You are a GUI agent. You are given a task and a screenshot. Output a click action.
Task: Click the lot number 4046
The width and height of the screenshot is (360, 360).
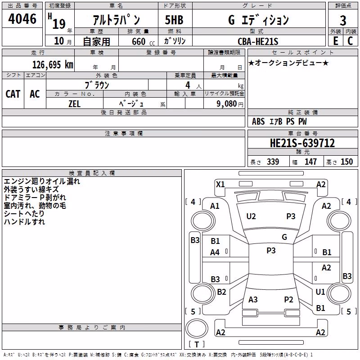tap(22, 18)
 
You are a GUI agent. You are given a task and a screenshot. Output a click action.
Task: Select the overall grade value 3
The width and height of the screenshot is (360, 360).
tap(343, 20)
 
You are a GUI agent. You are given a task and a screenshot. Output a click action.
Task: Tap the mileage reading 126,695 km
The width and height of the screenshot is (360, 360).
tap(53, 65)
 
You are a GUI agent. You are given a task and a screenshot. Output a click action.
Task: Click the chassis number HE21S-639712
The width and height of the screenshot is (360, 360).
tap(302, 143)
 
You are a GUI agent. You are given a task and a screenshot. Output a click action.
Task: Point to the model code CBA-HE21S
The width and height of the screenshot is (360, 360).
tap(258, 41)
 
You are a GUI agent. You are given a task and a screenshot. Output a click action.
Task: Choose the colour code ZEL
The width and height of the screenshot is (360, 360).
tap(74, 104)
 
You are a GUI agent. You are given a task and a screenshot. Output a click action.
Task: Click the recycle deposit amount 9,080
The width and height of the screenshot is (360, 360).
tap(227, 104)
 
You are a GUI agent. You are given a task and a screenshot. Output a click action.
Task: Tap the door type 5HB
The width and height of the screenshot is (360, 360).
tap(174, 20)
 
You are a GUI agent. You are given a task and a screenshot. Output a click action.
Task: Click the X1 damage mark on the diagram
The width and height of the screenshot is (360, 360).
tap(220, 184)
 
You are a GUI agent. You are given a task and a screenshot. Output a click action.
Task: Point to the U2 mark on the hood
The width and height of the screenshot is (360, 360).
tap(251, 216)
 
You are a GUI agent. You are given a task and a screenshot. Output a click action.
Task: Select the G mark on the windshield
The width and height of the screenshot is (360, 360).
tap(284, 237)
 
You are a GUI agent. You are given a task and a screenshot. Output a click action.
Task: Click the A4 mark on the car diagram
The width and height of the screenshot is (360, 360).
tap(215, 252)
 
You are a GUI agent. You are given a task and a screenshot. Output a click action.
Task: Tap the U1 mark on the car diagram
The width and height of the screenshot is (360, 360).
tap(320, 292)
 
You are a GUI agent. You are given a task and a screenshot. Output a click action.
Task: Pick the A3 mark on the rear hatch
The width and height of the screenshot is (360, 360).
tap(253, 299)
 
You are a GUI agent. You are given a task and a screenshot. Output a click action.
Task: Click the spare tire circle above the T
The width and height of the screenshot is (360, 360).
tap(197, 328)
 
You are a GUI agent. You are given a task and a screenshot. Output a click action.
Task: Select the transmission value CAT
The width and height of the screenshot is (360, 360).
tap(13, 94)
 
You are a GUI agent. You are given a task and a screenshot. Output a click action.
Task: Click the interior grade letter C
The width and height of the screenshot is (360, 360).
tap(350, 41)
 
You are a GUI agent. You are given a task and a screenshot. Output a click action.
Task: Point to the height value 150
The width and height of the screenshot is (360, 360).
tap(346, 162)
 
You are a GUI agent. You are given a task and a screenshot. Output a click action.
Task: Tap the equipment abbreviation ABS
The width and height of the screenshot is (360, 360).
tap(258, 121)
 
